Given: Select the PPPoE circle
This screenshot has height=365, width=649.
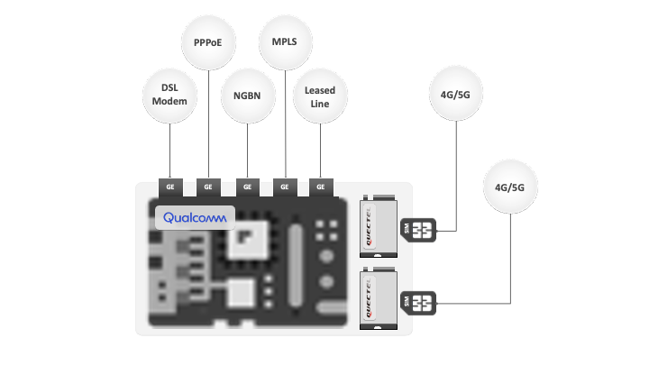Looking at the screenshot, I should pyautogui.click(x=208, y=42).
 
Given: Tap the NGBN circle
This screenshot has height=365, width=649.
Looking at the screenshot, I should pyautogui.click(x=247, y=96).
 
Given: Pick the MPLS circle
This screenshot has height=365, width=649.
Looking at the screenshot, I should pyautogui.click(x=285, y=42).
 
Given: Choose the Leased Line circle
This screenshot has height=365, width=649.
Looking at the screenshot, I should pyautogui.click(x=321, y=96).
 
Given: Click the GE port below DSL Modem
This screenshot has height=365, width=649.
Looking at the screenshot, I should pyautogui.click(x=169, y=187).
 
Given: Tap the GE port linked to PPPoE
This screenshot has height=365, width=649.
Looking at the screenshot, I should pyautogui.click(x=208, y=187).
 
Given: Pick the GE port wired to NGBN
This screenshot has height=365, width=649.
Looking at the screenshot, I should pyautogui.click(x=246, y=187).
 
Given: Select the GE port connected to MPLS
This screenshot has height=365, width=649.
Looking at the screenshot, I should pyautogui.click(x=285, y=187).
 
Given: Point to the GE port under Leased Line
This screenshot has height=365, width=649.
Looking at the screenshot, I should pyautogui.click(x=322, y=187).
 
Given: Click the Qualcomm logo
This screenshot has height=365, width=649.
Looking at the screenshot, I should pyautogui.click(x=196, y=218).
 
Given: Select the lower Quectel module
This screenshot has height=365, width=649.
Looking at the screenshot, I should pyautogui.click(x=378, y=299).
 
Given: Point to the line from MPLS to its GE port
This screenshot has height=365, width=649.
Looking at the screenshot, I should pyautogui.click(x=285, y=126).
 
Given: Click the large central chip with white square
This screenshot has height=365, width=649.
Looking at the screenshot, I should pyautogui.click(x=244, y=238).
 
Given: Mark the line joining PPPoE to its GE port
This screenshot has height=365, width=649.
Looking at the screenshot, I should pyautogui.click(x=208, y=126).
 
